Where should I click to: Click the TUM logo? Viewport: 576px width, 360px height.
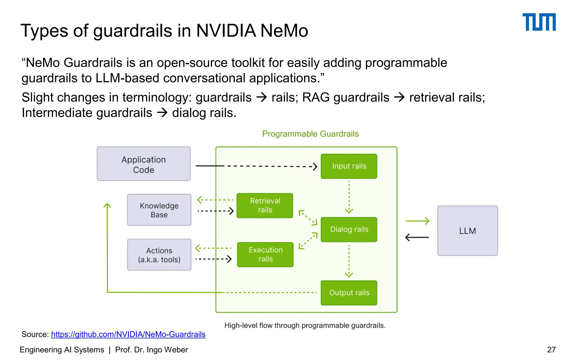point(539,22)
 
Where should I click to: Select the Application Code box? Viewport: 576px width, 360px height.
point(143,164)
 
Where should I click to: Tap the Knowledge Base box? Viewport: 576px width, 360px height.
point(159,210)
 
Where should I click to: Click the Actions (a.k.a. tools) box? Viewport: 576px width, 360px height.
point(159,255)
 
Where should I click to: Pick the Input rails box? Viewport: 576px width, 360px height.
point(349,166)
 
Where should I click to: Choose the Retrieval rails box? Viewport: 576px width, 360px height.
point(265,206)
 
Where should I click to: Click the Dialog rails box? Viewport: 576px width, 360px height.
point(349,229)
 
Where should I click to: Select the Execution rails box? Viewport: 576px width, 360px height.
point(265,255)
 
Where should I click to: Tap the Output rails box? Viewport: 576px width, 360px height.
point(349,293)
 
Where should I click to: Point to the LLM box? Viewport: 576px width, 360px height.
point(467,231)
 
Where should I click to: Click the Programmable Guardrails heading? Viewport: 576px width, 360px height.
point(310,134)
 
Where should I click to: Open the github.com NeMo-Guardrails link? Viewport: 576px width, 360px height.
point(128,334)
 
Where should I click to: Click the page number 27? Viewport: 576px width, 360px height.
point(551,350)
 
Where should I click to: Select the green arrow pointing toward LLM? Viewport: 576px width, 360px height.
point(417,221)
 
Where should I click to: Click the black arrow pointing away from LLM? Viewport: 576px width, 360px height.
point(417,237)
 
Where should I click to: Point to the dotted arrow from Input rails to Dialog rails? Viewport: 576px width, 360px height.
point(349,197)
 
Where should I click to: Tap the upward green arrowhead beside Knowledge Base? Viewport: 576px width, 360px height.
point(107,206)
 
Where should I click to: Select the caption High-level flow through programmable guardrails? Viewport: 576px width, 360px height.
point(305,325)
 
